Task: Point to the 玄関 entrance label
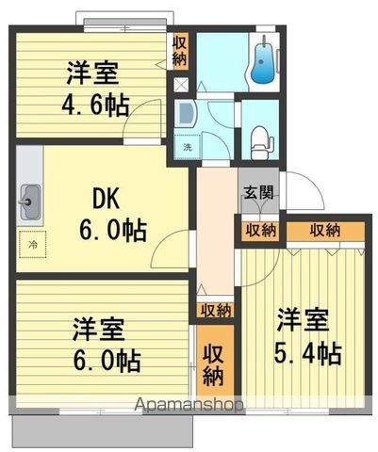pyautogui.click(x=259, y=193)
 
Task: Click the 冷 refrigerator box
pyautogui.click(x=33, y=244)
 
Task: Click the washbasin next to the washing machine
pyautogui.click(x=185, y=114)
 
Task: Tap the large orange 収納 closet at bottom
pyautogui.click(x=215, y=364)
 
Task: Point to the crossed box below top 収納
pyautogui.click(x=179, y=84)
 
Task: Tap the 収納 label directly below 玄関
pyautogui.click(x=261, y=230)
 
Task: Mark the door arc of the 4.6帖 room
pyautogui.click(x=144, y=119)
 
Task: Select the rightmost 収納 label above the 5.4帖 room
pyautogui.click(x=325, y=230)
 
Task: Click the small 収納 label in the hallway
pyautogui.click(x=214, y=310)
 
